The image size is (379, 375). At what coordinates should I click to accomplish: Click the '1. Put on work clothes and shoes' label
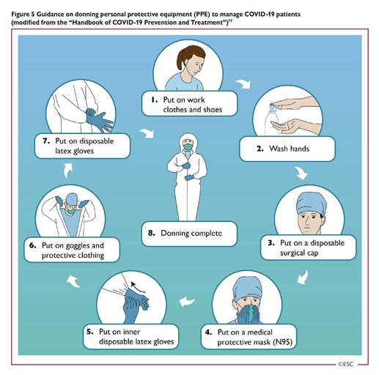[189, 104]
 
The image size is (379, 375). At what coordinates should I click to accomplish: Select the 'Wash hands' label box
[287, 149]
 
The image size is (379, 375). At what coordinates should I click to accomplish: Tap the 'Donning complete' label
[189, 234]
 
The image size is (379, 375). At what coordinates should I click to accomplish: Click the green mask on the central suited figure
[188, 146]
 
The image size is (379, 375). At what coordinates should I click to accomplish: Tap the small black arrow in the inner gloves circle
[138, 287]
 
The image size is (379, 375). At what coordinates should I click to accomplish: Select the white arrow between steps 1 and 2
[243, 83]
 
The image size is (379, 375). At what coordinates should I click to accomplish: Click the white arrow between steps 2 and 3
[301, 173]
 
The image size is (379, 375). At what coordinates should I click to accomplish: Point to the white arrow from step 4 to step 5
[187, 302]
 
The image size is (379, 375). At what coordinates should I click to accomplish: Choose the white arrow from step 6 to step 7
[68, 171]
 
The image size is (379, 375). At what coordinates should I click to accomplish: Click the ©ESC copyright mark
[346, 364]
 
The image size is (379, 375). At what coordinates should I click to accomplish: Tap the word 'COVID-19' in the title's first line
[259, 14]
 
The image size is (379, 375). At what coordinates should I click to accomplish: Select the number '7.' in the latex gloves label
[46, 141]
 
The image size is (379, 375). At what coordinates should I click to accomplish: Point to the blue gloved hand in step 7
[99, 120]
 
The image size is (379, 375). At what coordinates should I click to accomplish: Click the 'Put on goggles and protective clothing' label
[72, 250]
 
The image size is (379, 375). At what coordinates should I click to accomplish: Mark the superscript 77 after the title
[230, 21]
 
